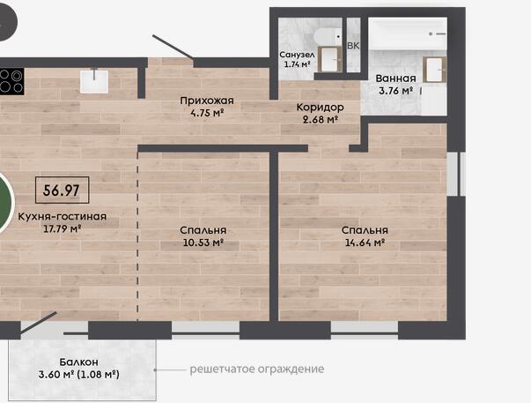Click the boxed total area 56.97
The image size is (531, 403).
coord(62,190)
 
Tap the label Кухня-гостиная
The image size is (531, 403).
coord(62,216)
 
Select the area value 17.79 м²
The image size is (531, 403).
coord(62,228)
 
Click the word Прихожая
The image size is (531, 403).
coord(207,101)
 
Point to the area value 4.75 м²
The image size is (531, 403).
coord(208,113)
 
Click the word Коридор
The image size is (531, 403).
coord(320,108)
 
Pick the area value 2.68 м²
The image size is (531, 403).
coord(321,119)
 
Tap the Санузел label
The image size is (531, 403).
coord(297,55)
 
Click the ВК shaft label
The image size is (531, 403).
coord(353,46)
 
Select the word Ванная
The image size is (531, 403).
coord(396,78)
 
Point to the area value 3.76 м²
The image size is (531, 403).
coord(396,91)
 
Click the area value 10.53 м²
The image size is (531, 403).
coord(203,243)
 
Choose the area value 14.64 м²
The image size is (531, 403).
coord(365,243)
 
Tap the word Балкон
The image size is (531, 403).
coord(79,362)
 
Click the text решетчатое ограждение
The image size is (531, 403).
coord(257,369)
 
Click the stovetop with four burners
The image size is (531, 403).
coord(11,81)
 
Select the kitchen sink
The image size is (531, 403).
coord(94,81)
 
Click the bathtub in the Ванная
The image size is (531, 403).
coord(408,34)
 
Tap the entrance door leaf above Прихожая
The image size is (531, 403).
coord(173,47)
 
